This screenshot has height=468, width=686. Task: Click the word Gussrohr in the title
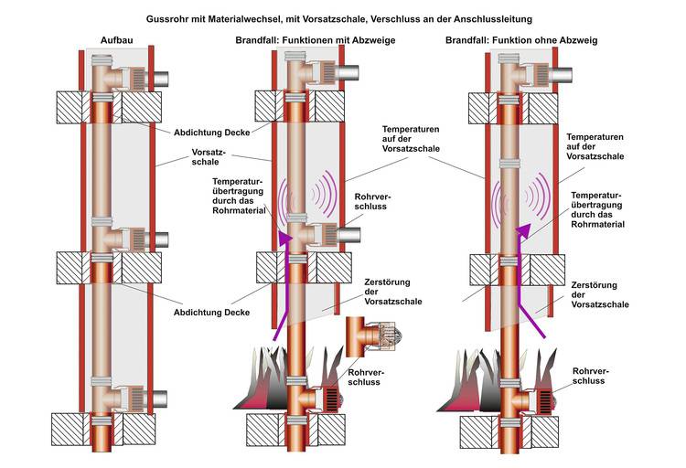click(x=171, y=17)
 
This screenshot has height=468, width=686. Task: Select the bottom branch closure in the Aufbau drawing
click(x=127, y=399)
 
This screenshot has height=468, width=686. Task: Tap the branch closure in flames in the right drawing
click(x=534, y=400)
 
